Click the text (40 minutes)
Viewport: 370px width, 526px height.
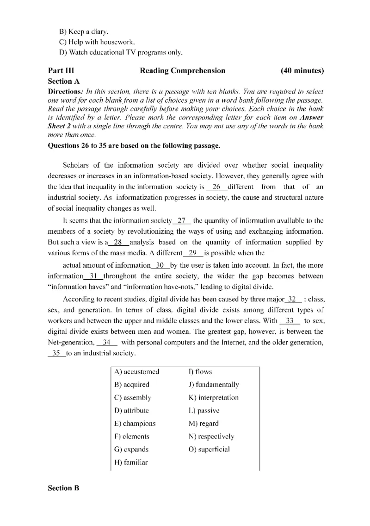click(302, 71)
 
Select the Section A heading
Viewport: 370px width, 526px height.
click(64, 81)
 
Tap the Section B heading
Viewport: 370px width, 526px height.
click(63, 488)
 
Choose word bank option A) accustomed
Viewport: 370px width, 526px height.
click(136, 371)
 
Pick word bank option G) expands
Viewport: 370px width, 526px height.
click(131, 449)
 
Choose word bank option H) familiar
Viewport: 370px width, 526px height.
click(131, 462)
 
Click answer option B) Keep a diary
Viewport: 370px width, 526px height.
click(84, 32)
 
